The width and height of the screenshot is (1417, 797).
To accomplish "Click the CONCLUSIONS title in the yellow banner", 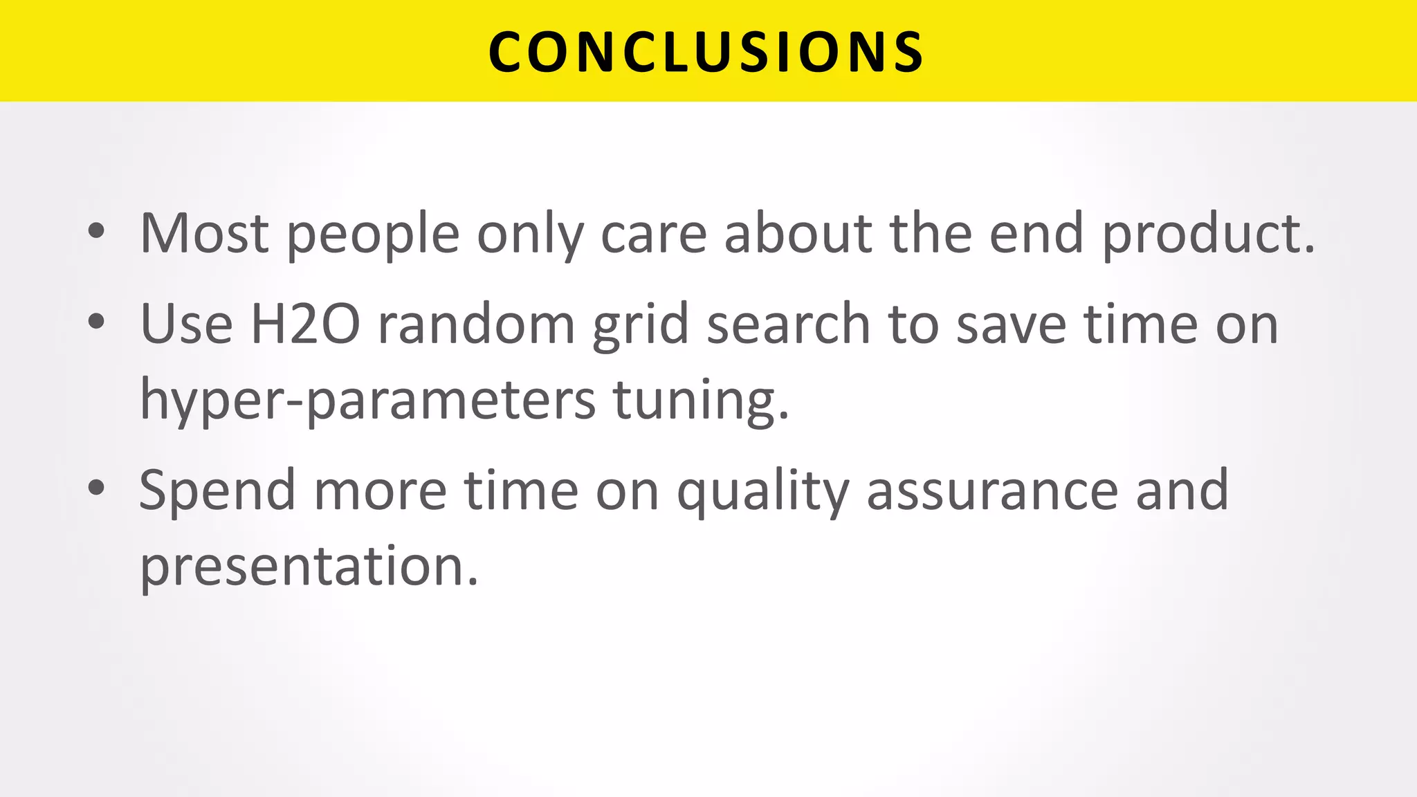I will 706,52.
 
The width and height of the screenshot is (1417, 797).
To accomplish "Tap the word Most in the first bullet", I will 204,234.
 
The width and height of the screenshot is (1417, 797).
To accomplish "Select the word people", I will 373,235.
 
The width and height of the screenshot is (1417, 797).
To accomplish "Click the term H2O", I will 305,324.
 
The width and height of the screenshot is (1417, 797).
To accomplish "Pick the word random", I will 477,324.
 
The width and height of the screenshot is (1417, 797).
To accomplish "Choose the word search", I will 788,324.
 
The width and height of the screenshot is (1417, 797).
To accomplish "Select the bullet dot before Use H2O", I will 96,321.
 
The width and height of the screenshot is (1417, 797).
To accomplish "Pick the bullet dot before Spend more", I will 96,487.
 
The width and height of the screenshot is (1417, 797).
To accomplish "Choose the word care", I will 654,235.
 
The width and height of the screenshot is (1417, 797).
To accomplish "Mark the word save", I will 1011,324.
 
